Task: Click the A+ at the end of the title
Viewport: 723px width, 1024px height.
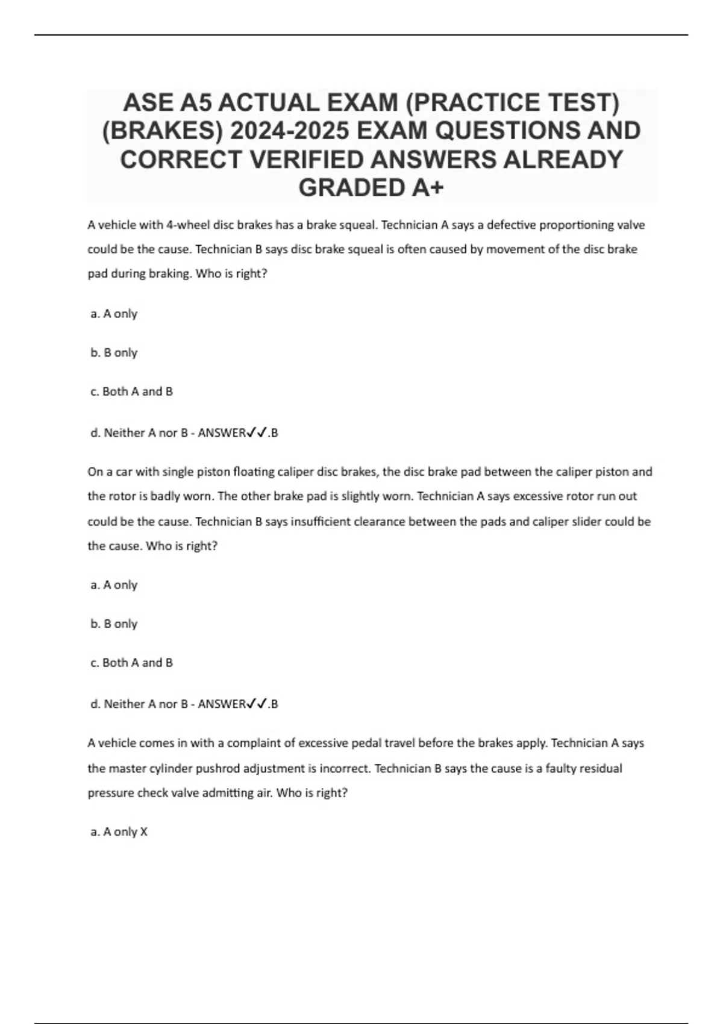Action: pos(428,188)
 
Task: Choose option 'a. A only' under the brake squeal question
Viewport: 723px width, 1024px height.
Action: pos(114,314)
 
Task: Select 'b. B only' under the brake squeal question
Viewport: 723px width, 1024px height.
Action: pos(114,352)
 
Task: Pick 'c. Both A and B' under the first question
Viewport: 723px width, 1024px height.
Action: pos(131,392)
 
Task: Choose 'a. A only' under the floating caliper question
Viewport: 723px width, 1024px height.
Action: pos(114,585)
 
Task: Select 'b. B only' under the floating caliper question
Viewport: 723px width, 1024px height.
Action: pos(114,624)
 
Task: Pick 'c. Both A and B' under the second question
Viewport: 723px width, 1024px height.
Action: pos(131,663)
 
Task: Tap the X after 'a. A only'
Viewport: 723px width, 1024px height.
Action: pos(143,832)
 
